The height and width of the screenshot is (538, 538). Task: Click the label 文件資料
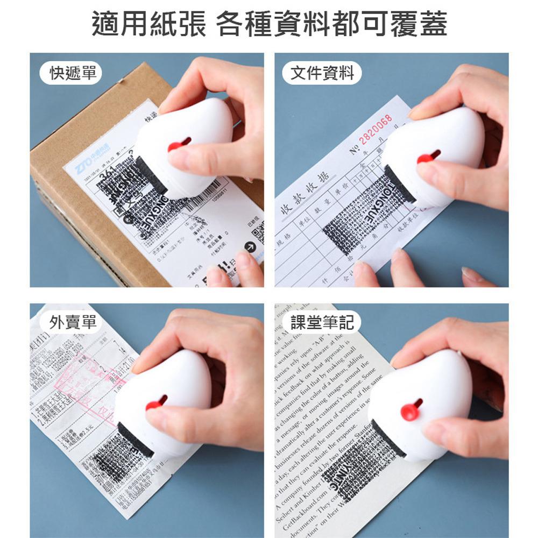322,74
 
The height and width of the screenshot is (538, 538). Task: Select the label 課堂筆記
322,322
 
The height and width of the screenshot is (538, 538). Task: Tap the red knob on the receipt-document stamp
426,158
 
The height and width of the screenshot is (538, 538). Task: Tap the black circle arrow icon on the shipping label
250,246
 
